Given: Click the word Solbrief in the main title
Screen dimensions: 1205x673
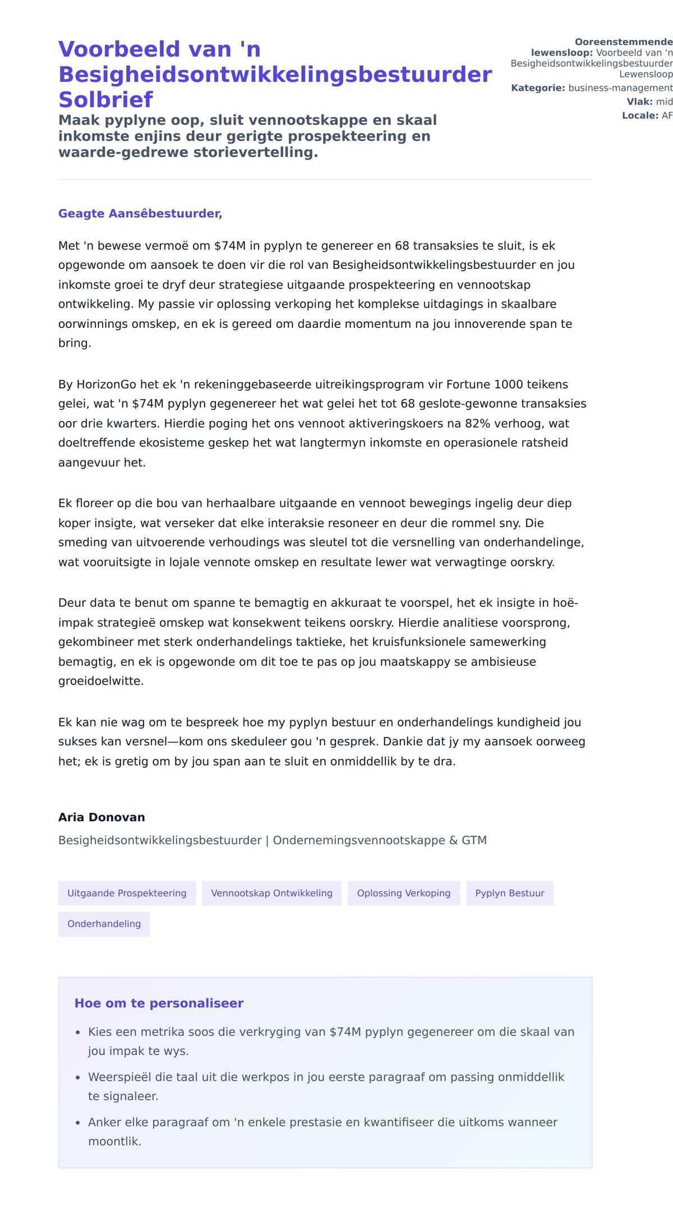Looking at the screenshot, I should [x=105, y=100].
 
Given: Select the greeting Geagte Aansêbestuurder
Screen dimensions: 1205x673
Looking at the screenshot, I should [x=140, y=213].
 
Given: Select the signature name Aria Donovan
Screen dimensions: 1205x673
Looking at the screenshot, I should [x=102, y=817].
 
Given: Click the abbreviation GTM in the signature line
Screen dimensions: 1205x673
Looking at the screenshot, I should [x=474, y=840].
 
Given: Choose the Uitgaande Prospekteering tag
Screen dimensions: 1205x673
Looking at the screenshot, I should [x=127, y=893].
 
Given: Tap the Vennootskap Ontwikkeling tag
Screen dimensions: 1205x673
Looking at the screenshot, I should [x=271, y=893].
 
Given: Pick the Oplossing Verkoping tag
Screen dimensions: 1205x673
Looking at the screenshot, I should [x=404, y=893].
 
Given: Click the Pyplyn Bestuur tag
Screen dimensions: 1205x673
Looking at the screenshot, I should [x=510, y=893].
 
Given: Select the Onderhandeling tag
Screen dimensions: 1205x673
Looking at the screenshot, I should [x=104, y=924].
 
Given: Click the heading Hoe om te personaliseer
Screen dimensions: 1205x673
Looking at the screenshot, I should [x=159, y=1003].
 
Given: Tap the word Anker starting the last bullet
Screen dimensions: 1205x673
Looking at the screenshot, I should [x=103, y=1122].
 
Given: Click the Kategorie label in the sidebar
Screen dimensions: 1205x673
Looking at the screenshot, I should [x=538, y=88].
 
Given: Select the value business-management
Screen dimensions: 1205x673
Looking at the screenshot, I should [x=620, y=88].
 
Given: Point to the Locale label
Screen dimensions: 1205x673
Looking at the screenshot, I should [x=640, y=116].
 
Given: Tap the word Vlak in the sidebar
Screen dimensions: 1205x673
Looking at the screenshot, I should [x=639, y=102].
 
